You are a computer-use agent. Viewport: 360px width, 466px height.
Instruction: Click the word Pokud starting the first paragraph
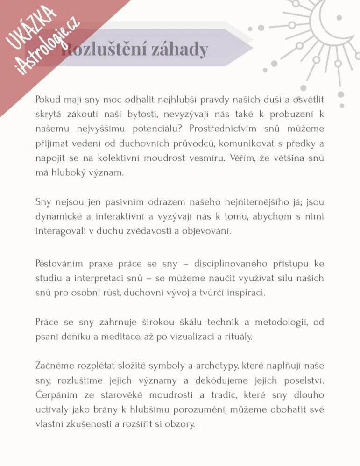pos(48,99)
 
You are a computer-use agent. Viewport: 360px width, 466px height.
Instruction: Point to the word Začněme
pos(54,366)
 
